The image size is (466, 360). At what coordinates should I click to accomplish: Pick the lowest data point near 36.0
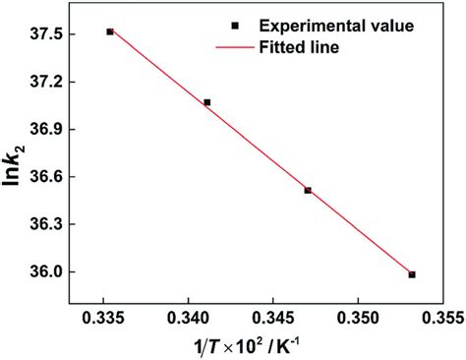(412, 274)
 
